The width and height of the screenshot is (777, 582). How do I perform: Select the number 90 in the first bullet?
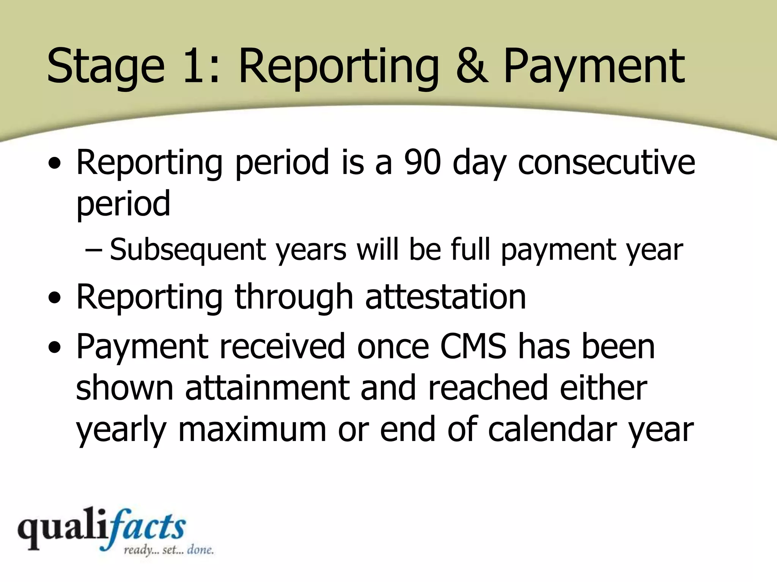click(x=422, y=162)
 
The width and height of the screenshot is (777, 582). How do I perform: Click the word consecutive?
click(x=606, y=162)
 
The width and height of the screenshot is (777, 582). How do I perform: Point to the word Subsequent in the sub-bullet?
click(x=188, y=250)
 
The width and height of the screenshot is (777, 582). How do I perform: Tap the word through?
click(x=294, y=297)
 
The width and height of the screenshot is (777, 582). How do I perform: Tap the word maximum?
click(x=252, y=430)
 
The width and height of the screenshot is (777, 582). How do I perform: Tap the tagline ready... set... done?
click(x=169, y=549)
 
